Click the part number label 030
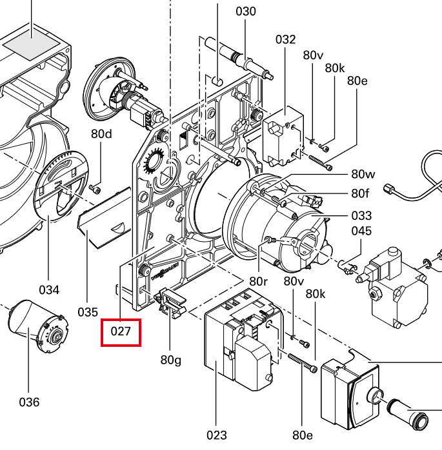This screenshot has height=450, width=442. point(246,12)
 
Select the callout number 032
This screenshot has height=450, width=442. point(285,39)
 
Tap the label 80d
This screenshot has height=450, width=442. point(101,133)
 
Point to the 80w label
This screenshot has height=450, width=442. point(363,174)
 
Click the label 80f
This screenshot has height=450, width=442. point(360,193)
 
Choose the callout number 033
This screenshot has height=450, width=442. point(361,215)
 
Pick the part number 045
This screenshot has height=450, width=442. point(361,231)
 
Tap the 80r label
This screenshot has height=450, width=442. point(259,282)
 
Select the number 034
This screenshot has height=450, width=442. point(49,290)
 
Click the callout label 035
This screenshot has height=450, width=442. point(88,312)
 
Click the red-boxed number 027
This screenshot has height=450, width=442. point(121,332)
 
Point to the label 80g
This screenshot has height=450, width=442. point(171,360)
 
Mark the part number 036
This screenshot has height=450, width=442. point(29,402)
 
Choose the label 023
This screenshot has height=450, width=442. point(217,435)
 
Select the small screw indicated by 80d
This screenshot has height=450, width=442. point(95,188)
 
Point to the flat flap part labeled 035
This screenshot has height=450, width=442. point(105,218)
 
